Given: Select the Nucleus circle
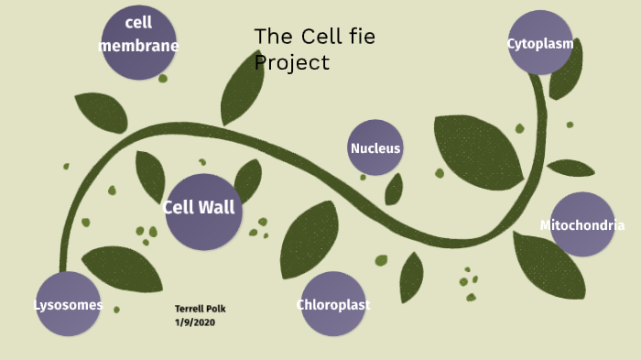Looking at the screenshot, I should (375, 147).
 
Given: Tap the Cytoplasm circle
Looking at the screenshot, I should (540, 43).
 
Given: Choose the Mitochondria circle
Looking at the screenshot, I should (582, 224).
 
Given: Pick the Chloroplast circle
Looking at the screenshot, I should (333, 304).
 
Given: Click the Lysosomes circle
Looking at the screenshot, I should (69, 304).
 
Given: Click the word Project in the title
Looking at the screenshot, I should (291, 62).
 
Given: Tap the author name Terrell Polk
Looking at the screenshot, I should (200, 309).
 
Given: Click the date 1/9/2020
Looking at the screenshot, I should (194, 322).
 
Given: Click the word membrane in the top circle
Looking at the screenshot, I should (138, 46).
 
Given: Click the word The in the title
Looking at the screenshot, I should (273, 37).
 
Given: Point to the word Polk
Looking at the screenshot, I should (215, 309).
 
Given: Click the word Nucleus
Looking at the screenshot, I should (375, 148).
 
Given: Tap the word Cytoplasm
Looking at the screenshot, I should (540, 43).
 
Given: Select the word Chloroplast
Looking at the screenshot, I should (333, 304).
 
